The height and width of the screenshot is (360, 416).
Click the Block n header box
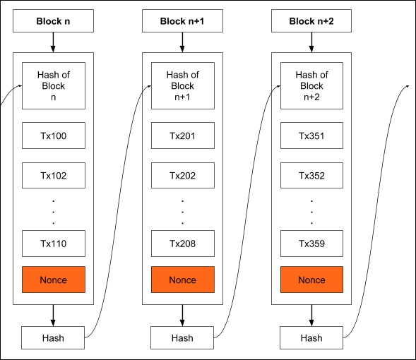(53, 21)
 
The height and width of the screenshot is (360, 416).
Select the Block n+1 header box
(182, 21)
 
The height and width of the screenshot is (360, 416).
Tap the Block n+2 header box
(311, 21)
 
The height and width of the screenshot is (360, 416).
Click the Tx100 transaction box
(53, 136)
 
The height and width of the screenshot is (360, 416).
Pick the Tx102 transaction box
(53, 176)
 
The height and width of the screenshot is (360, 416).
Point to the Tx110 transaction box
(53, 244)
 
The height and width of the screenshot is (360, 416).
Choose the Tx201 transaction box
(182, 136)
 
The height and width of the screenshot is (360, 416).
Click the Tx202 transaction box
(182, 176)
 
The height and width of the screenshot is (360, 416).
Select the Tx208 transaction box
(182, 244)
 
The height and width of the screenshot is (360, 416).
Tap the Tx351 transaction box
(311, 136)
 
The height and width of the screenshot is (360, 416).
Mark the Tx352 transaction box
(311, 176)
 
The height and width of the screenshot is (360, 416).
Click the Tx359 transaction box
(311, 244)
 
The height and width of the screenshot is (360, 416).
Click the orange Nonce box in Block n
(53, 280)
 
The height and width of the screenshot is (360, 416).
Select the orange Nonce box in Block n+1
(182, 280)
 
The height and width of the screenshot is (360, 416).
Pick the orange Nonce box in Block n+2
(311, 280)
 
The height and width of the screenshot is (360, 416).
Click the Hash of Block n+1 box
(182, 85)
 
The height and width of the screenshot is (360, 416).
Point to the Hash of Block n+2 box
(311, 85)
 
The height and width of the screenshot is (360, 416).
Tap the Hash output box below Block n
(53, 338)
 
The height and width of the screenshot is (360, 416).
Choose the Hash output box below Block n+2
(311, 338)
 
